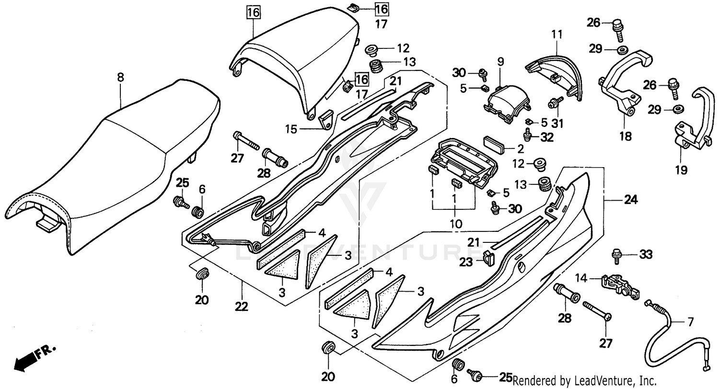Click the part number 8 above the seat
tap(120, 77)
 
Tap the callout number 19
tap(681, 170)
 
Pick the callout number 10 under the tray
tap(455, 224)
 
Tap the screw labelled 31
tap(556, 102)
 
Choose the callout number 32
tap(547, 137)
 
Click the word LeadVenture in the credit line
tap(594, 381)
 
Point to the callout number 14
tap(581, 277)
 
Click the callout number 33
tap(646, 255)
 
